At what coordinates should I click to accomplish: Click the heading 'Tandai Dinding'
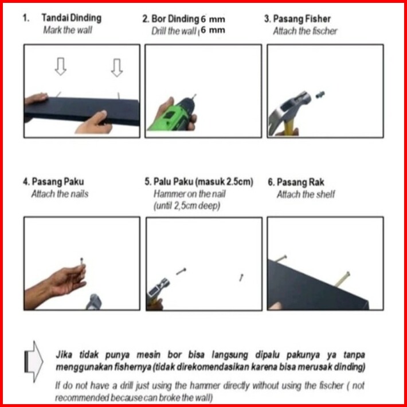[x=72, y=18]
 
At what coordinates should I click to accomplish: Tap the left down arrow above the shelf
[x=61, y=66]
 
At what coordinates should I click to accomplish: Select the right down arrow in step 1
[x=117, y=68]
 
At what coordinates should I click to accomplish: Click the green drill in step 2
[x=172, y=115]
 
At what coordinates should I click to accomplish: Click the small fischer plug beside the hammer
[x=320, y=95]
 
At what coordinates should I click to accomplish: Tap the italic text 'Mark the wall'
[x=68, y=30]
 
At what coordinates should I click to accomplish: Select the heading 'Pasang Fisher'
[x=302, y=19]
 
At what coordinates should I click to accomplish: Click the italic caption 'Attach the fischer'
[x=305, y=31]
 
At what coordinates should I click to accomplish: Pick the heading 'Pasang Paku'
[x=58, y=182]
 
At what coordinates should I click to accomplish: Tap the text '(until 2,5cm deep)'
[x=187, y=206]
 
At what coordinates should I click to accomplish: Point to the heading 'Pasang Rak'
[x=300, y=182]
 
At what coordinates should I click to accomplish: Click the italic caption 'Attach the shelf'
[x=306, y=194]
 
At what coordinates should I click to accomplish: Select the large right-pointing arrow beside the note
[x=34, y=362]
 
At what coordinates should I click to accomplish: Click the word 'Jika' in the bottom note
[x=64, y=355]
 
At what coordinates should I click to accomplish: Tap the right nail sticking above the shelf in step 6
[x=343, y=279]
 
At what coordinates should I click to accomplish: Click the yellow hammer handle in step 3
[x=289, y=128]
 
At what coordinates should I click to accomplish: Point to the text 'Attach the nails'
[x=60, y=194]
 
